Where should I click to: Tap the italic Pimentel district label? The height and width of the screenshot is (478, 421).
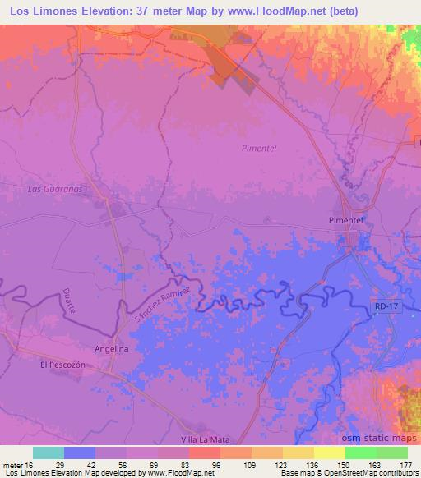coord(260,148)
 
